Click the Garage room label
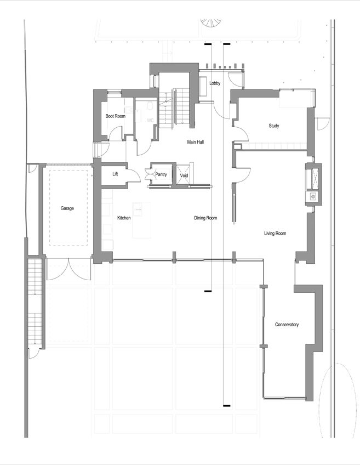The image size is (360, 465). [67, 208]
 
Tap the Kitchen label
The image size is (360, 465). [124, 218]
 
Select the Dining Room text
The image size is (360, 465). [205, 218]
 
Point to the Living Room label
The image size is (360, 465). [275, 234]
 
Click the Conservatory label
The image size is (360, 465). [287, 325]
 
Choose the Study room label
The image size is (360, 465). [274, 126]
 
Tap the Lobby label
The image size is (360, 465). [215, 83]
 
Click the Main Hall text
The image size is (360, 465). [195, 142]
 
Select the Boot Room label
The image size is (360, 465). [115, 116]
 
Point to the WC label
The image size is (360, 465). [150, 121]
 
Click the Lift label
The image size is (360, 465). [115, 174]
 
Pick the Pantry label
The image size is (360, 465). [161, 174]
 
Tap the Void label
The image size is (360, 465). [184, 175]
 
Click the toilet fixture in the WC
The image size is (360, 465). [150, 105]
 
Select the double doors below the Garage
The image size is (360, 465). [68, 269]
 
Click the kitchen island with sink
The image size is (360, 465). [141, 220]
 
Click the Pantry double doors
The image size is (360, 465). [150, 174]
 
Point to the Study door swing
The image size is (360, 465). [242, 133]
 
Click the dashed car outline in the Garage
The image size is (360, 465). [68, 208]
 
